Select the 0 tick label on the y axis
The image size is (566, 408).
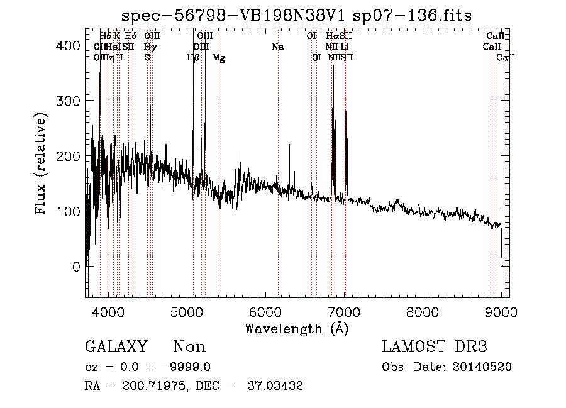[76, 267]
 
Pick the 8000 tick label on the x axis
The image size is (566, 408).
[422, 312]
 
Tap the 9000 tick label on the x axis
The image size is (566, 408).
[501, 312]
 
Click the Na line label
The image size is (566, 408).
[277, 47]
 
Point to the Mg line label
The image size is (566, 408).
[218, 58]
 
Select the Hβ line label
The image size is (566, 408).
[193, 58]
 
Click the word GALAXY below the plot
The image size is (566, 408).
[116, 347]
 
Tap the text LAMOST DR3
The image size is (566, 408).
[435, 347]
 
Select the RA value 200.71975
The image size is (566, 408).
[150, 386]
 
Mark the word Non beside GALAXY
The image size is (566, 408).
[189, 347]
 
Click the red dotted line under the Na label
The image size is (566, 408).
[278, 189]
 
